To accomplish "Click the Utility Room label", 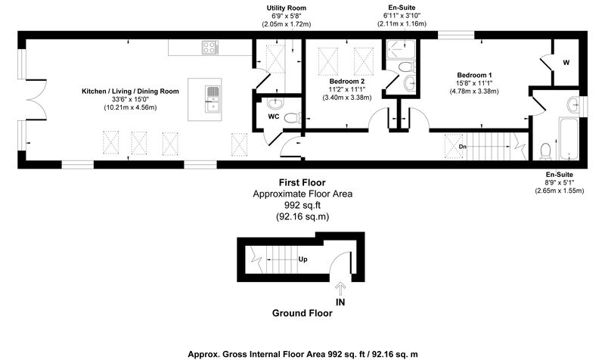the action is click(x=287, y=8).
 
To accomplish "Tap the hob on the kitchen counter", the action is click(x=210, y=48).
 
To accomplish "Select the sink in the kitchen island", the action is click(x=213, y=99).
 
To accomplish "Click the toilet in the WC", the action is click(x=293, y=117).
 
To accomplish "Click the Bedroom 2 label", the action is click(x=347, y=82).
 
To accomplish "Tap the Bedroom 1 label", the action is click(x=474, y=75).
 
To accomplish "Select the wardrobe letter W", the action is click(x=566, y=63).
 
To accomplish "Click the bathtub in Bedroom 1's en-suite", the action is click(x=569, y=139).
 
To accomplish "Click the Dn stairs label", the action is click(x=463, y=147).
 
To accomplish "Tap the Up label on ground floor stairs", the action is click(x=303, y=259).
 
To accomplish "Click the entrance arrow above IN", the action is click(x=340, y=288).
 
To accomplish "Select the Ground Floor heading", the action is click(x=302, y=313).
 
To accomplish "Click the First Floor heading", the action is click(x=302, y=182).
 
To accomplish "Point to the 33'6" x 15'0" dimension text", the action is click(x=130, y=100).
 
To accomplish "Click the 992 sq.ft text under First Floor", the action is click(x=302, y=205).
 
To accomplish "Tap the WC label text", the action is click(x=274, y=116).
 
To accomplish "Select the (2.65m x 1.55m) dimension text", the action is click(x=559, y=191).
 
